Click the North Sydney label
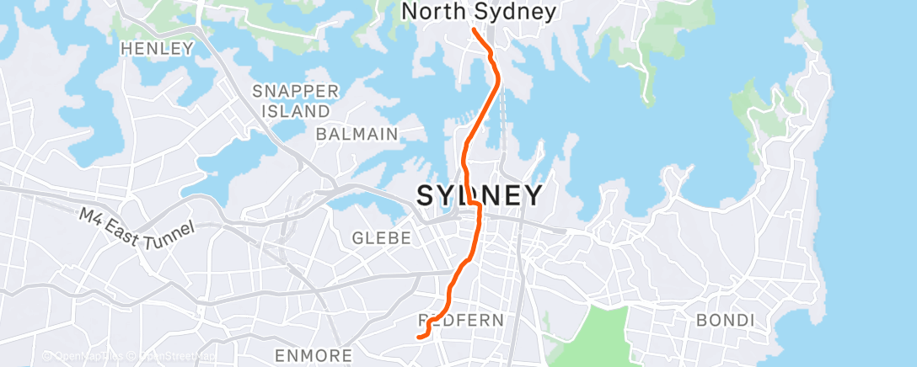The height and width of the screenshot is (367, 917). [x=479, y=12]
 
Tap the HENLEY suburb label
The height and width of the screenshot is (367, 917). [x=158, y=49]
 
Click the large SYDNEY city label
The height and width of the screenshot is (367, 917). [x=479, y=195]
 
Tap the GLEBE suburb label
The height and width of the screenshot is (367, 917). [x=383, y=238]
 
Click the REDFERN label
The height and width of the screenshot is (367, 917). [x=461, y=320]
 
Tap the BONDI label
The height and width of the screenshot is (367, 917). [x=723, y=320]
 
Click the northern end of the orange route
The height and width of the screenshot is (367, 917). [x=474, y=29]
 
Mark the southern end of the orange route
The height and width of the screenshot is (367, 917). [x=419, y=338]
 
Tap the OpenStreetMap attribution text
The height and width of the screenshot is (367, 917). [x=177, y=357]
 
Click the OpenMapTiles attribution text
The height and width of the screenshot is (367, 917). [x=88, y=357]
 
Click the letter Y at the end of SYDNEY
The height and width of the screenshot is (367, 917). [x=532, y=195]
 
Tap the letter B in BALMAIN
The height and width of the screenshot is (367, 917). [x=321, y=134]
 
